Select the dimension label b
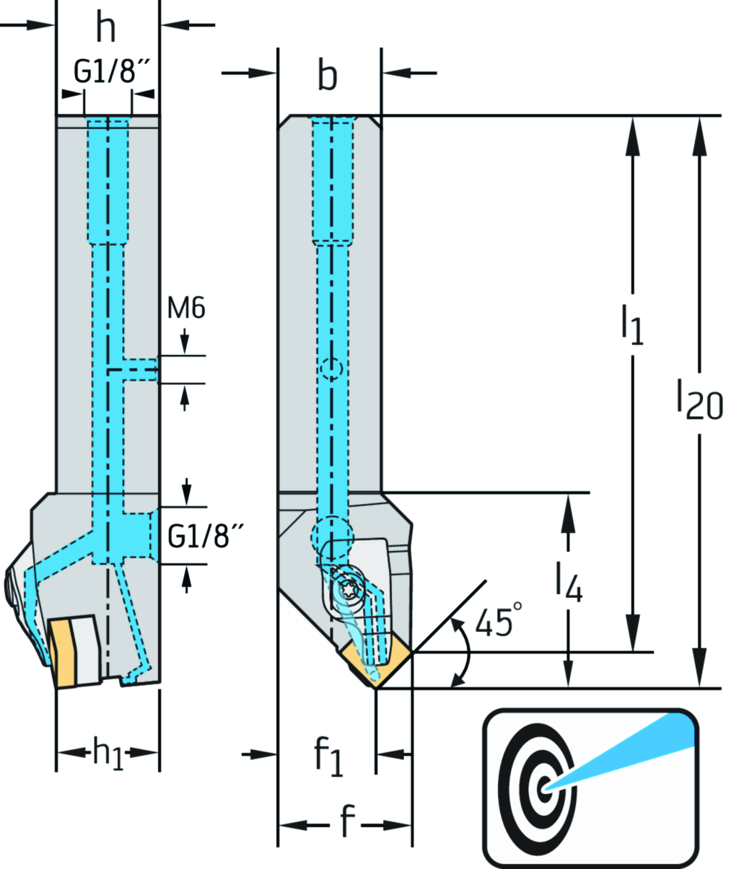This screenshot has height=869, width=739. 328,75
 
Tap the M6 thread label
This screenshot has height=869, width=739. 186,309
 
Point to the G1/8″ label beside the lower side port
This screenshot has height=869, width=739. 205,537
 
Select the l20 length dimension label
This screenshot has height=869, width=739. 699,400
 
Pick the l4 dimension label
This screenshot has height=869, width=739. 569,581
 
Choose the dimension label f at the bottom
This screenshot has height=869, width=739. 347,822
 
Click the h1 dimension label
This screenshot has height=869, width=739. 108,753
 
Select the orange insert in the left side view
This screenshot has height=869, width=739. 64,653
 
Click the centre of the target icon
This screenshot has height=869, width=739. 544,788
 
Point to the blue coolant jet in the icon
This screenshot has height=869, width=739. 635,750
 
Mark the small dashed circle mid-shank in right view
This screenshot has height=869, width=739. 331,369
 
